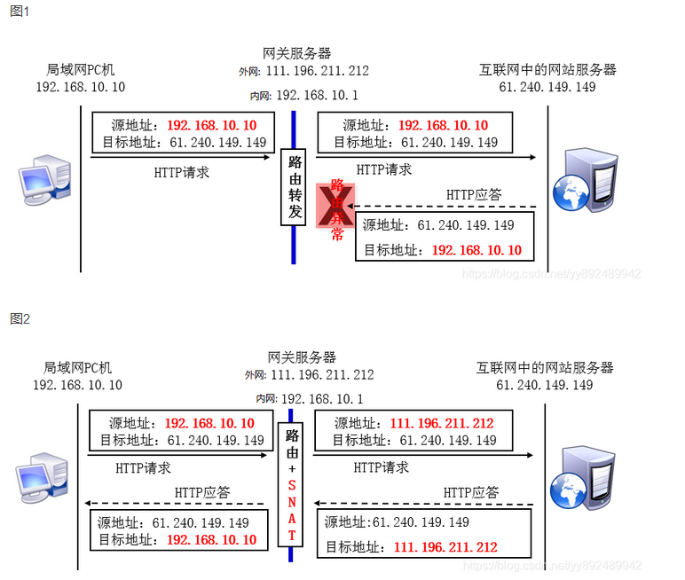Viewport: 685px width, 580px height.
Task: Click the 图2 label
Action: (x=20, y=317)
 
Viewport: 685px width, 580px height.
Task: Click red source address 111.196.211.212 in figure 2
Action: (x=441, y=424)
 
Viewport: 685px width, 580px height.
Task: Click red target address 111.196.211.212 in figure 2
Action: (x=445, y=547)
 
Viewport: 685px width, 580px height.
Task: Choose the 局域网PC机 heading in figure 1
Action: (x=81, y=69)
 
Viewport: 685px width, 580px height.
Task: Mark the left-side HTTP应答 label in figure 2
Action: (x=202, y=491)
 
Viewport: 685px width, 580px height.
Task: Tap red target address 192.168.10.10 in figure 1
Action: (x=476, y=250)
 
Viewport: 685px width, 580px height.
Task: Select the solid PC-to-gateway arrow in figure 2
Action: (x=177, y=455)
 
